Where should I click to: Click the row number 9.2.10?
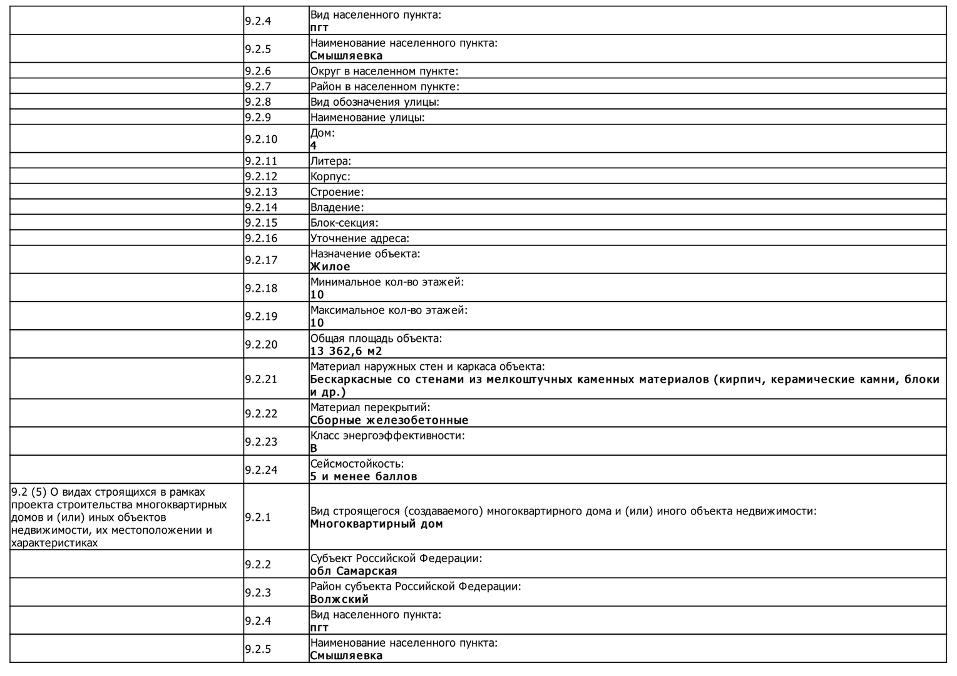[261, 139]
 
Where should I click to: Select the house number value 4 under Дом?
[314, 146]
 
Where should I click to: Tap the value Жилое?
[330, 267]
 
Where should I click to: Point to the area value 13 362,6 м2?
[346, 351]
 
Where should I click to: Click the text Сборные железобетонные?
[389, 420]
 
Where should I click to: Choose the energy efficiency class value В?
[314, 448]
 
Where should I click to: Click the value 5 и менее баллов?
[364, 476]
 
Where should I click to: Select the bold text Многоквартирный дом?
[376, 524]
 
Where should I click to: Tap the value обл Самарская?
[354, 571]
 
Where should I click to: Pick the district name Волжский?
[339, 599]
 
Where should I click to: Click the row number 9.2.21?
[261, 379]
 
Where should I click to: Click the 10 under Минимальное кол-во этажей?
[317, 295]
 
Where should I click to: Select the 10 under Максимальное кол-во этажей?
[317, 323]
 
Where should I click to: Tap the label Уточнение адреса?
[360, 238]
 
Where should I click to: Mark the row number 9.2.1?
[258, 517]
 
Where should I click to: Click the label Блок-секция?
[344, 223]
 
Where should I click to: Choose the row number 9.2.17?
[261, 260]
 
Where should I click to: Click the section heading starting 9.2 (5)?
[119, 517]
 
